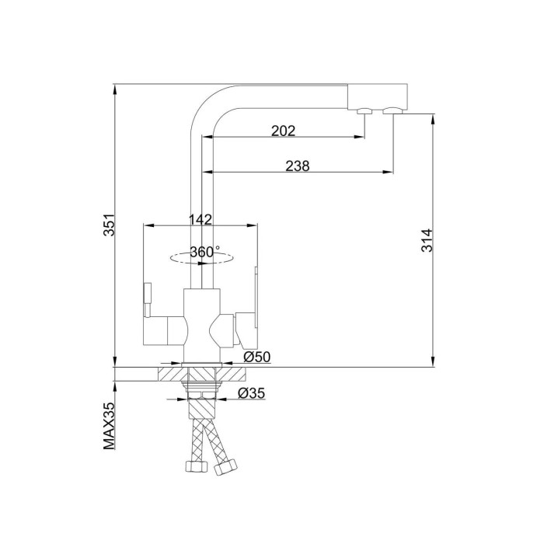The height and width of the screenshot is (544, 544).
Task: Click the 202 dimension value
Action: (283, 131)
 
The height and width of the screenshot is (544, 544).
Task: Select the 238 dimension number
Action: (298, 166)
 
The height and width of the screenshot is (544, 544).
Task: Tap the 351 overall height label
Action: (110, 225)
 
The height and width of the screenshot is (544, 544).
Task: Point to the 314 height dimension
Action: (427, 240)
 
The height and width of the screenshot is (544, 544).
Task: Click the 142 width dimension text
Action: (201, 219)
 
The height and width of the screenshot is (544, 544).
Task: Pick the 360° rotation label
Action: (204, 252)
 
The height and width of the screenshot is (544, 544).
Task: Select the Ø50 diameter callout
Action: (256, 357)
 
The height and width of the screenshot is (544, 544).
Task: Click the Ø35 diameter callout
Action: (251, 393)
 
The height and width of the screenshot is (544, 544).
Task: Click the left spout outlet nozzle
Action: (364, 111)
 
